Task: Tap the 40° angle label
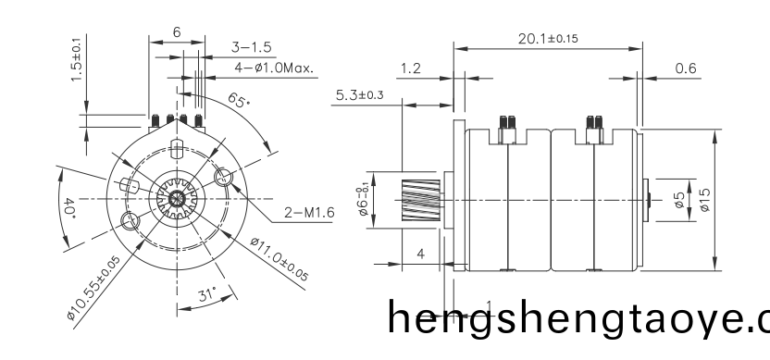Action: click(69, 205)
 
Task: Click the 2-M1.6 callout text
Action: click(307, 213)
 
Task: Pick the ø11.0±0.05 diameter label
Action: click(279, 258)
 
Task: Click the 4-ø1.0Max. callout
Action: click(274, 68)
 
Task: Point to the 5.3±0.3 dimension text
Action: click(360, 94)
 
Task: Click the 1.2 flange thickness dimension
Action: click(411, 68)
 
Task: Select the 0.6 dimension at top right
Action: click(686, 68)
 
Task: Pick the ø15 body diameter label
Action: click(704, 198)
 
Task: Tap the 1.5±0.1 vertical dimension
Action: click(76, 59)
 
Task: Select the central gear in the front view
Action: click(176, 199)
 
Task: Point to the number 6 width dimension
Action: click(176, 31)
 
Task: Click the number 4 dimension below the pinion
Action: click(420, 253)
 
